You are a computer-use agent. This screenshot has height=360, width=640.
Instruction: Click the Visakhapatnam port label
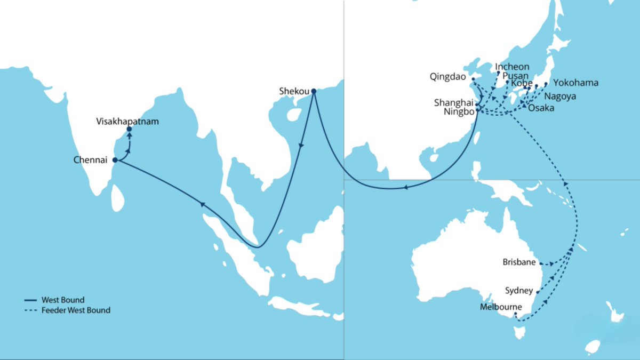pyautogui.click(x=127, y=121)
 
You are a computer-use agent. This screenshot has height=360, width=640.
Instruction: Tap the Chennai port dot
pyautogui.click(x=115, y=159)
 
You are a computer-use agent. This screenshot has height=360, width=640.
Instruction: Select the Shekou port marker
pyautogui.click(x=314, y=91)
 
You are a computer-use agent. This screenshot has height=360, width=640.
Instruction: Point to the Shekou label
pyautogui.click(x=294, y=91)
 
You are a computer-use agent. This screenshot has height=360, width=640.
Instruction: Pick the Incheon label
pyautogui.click(x=513, y=67)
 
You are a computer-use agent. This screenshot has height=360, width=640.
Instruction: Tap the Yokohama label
pyautogui.click(x=575, y=83)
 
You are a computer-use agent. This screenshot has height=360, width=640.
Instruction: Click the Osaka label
pyautogui.click(x=541, y=108)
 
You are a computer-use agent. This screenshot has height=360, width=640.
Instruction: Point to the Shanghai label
pyautogui.click(x=453, y=102)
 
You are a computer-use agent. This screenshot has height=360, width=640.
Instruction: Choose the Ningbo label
pyautogui.click(x=458, y=111)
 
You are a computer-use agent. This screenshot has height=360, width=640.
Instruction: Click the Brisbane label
pyautogui.click(x=519, y=262)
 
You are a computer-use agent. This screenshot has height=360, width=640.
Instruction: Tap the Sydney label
pyautogui.click(x=519, y=291)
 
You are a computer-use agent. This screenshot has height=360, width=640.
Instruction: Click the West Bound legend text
pyautogui.click(x=63, y=300)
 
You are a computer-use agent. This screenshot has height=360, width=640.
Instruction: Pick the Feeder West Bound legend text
pyautogui.click(x=76, y=310)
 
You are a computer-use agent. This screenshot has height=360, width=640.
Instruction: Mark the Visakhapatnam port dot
pyautogui.click(x=129, y=129)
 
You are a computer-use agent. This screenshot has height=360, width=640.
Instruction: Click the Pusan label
pyautogui.click(x=515, y=76)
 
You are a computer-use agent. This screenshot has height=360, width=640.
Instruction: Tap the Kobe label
pyautogui.click(x=521, y=84)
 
